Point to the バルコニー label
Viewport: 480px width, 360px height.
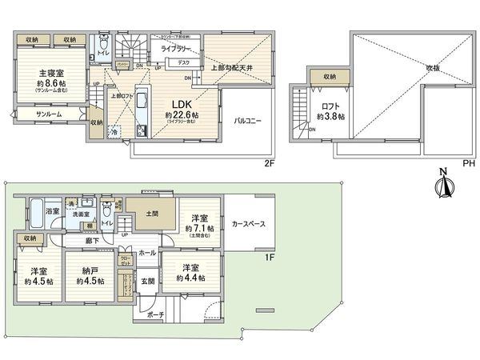pyautogui.click(x=250, y=122)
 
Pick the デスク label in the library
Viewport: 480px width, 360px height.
pyautogui.click(x=183, y=62)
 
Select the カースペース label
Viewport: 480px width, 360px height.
pyautogui.click(x=249, y=224)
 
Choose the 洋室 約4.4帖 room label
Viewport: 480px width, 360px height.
pyautogui.click(x=190, y=273)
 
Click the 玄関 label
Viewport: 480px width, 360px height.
pyautogui.click(x=149, y=280)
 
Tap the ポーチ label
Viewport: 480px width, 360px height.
pyautogui.click(x=155, y=315)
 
